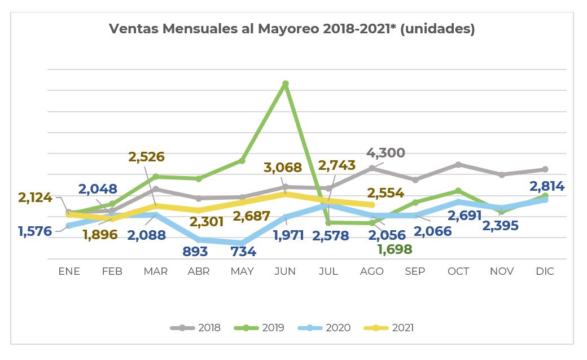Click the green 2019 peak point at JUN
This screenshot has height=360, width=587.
[286, 84]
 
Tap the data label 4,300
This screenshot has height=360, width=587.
[386, 153]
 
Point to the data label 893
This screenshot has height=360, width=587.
[196, 252]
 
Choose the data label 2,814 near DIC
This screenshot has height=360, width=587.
[547, 186]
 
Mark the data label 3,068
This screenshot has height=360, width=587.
[283, 168]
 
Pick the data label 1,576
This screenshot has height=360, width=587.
[35, 231]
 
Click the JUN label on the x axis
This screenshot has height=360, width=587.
[285, 271]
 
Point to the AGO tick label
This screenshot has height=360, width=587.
[371, 271]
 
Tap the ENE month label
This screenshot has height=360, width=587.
[69, 271]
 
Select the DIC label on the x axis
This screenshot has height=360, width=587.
[545, 271]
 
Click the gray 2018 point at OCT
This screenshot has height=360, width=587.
[458, 165]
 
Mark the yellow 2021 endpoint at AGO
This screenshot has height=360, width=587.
[372, 205]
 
